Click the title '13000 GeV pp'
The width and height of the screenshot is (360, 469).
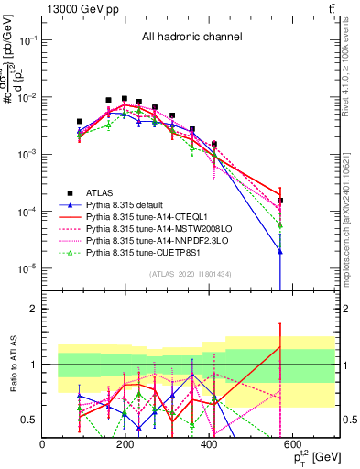tap(80, 9)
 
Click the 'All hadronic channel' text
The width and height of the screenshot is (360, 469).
tap(191, 38)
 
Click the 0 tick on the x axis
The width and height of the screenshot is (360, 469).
tap(43, 445)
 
